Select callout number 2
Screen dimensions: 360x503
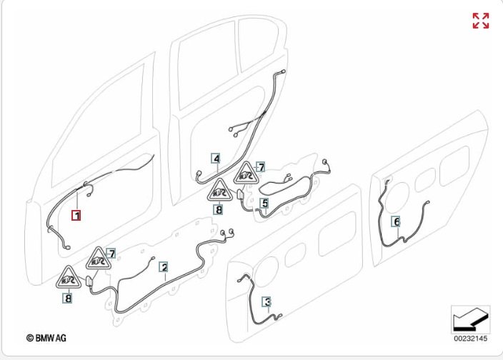[x=164, y=268]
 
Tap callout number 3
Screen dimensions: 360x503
[x=267, y=302]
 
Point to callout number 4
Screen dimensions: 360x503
[x=215, y=158]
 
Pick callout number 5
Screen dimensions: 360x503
[x=264, y=204]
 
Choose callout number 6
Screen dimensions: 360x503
[x=397, y=222]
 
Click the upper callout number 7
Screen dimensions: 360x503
[x=261, y=167]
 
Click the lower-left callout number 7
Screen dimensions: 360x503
[x=111, y=254]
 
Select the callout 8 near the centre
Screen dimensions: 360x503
[x=218, y=210]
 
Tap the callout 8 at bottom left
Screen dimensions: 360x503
[x=68, y=299]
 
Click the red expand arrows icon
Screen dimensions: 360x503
[x=481, y=21]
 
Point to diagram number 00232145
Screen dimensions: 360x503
[x=469, y=338]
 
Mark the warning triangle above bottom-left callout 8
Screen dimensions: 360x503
[x=69, y=277]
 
